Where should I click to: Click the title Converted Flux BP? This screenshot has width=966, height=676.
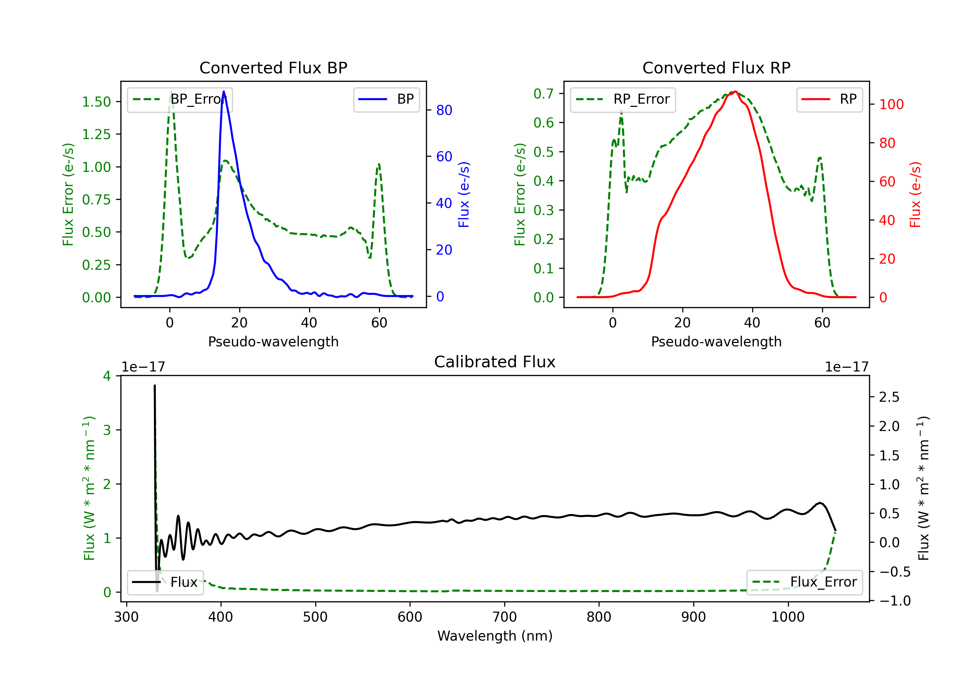point(273,68)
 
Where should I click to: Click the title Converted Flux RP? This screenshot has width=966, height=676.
point(716,68)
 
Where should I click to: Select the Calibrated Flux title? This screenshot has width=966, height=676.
point(495,362)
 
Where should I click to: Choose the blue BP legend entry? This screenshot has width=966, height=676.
point(386,99)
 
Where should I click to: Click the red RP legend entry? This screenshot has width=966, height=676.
point(829,99)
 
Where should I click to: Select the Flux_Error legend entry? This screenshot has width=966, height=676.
point(804,582)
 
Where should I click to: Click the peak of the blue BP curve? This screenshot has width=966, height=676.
point(224,91)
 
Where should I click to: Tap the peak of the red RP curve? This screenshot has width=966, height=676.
point(735,91)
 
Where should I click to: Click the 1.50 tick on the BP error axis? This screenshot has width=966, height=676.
point(96,102)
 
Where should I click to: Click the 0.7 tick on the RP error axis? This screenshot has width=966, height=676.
point(544,93)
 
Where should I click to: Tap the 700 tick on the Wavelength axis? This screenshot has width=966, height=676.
point(505,617)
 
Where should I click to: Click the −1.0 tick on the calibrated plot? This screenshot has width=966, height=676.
point(895,601)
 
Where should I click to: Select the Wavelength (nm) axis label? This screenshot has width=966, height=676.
point(495,636)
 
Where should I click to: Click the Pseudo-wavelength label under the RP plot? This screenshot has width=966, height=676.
point(716,342)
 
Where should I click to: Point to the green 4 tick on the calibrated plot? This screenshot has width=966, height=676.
point(107,376)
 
